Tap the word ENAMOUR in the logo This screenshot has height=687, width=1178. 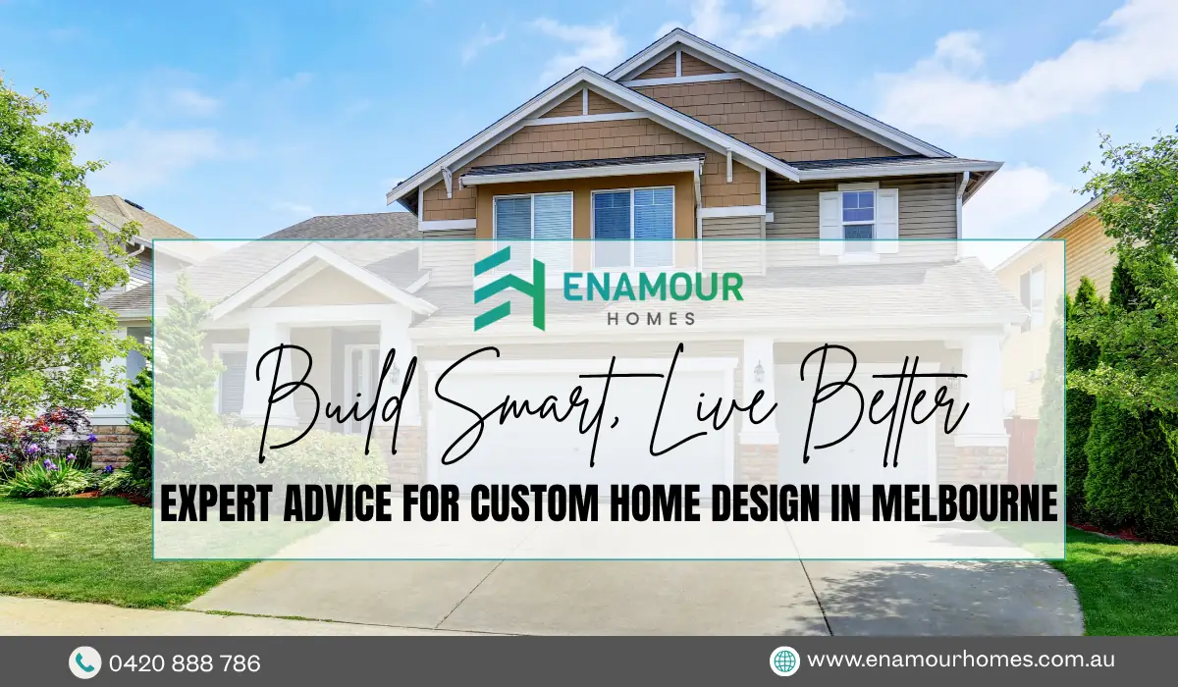(x=653, y=287)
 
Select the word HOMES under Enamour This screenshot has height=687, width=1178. (x=652, y=318)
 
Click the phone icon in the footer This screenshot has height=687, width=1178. (x=84, y=662)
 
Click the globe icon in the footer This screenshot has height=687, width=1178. (x=784, y=661)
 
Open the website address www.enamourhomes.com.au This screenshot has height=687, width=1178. (x=960, y=661)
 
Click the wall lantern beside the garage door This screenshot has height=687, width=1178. (x=758, y=372)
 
